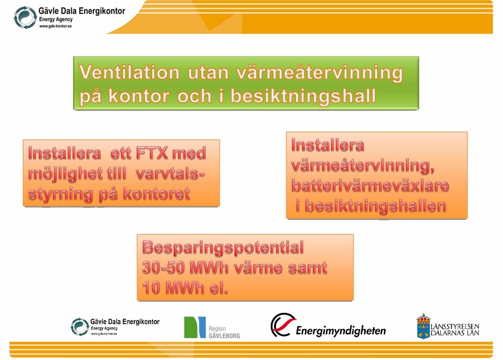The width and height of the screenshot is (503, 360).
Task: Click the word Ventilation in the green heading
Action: point(129,72)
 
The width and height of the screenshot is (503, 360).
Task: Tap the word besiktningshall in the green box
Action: point(303,96)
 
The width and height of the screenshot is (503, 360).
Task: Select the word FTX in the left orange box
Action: point(152,153)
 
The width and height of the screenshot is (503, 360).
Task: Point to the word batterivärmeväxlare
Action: point(370,186)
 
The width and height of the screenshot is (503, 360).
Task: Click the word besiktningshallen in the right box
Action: point(375,205)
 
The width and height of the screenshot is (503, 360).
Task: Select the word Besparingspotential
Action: point(223,248)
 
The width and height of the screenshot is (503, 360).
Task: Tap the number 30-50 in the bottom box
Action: point(163,268)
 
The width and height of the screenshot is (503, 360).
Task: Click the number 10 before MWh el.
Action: point(151,288)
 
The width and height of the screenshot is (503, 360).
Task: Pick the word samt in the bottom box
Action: point(308,268)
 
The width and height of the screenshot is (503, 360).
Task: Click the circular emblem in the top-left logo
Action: point(25,18)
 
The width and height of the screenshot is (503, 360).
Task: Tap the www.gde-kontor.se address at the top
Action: point(56,26)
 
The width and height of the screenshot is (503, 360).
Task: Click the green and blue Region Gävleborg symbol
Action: point(195,328)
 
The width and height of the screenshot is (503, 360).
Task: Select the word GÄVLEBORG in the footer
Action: point(224,335)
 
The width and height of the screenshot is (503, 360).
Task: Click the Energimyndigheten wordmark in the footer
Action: point(341,331)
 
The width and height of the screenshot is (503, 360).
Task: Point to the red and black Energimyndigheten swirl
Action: point(282,325)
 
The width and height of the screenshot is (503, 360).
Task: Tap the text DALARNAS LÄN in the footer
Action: point(455,333)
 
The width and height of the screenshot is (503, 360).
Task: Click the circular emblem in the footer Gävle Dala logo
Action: point(80,327)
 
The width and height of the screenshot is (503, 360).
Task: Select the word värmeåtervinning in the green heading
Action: point(320,72)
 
